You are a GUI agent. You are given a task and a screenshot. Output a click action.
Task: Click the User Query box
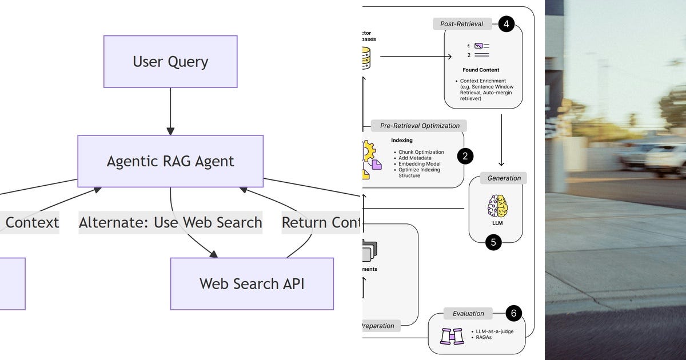pyautogui.click(x=170, y=62)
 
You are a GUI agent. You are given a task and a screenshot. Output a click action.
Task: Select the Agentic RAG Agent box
pyautogui.click(x=170, y=161)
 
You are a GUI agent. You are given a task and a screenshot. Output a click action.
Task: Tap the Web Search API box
pyautogui.click(x=252, y=283)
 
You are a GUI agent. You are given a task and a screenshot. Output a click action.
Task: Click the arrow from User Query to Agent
pyautogui.click(x=170, y=111)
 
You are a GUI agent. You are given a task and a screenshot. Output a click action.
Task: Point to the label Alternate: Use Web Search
pyautogui.click(x=170, y=222)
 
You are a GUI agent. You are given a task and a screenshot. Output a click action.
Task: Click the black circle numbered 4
pyautogui.click(x=506, y=24)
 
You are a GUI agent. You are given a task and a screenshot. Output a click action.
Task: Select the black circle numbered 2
pyautogui.click(x=465, y=155)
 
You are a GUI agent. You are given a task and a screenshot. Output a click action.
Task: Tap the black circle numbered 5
pyautogui.click(x=493, y=242)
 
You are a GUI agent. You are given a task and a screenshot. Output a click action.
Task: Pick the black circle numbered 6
pyautogui.click(x=513, y=313)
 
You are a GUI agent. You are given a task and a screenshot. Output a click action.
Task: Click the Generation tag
pyautogui.click(x=504, y=178)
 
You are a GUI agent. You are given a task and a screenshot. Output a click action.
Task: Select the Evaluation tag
pyautogui.click(x=468, y=313)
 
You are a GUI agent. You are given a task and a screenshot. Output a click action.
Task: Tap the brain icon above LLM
pyautogui.click(x=497, y=206)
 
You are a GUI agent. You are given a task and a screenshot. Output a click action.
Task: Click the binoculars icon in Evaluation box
pyautogui.click(x=452, y=335)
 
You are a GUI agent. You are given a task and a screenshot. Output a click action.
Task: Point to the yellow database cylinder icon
pyautogui.click(x=365, y=58)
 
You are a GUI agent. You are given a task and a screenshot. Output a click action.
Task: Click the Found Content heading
pyautogui.click(x=481, y=70)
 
